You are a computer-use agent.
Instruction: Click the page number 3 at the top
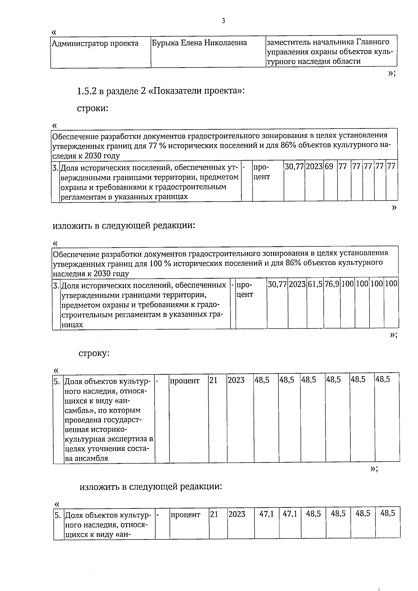(223, 21)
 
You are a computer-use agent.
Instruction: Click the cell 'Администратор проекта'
(95, 44)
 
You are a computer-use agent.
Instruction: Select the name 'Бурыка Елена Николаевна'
(199, 43)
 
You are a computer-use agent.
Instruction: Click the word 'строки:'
(93, 108)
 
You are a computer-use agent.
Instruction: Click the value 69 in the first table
(329, 166)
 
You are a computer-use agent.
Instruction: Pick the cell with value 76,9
(332, 284)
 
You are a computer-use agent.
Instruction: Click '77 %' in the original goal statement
(157, 146)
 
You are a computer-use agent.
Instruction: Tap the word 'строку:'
(94, 353)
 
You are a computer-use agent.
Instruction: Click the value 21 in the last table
(214, 514)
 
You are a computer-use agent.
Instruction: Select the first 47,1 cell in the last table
(266, 514)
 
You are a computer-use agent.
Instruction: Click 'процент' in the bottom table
(185, 514)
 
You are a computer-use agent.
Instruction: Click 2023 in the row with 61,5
(297, 284)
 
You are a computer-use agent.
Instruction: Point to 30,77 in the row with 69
(294, 166)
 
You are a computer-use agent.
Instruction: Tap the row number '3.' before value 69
(55, 168)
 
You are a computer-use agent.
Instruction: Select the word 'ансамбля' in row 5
(92, 458)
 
